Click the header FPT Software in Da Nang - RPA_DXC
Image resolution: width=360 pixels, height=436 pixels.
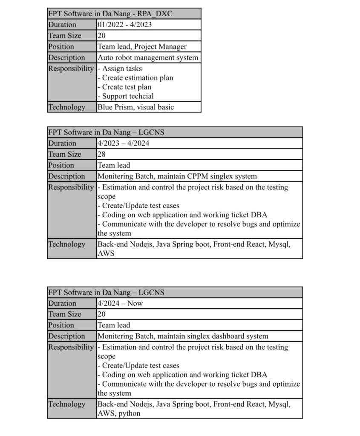[x=110, y=14]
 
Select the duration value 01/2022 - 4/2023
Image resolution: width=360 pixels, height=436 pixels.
[x=124, y=25]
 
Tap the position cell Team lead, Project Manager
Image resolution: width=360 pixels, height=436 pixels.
[x=142, y=47]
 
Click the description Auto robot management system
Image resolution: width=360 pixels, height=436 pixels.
[x=148, y=57]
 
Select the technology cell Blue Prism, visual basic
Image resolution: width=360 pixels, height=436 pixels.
[x=135, y=107]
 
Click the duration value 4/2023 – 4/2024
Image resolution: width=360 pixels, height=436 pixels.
[x=123, y=143]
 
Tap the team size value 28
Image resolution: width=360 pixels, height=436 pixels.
[x=101, y=154]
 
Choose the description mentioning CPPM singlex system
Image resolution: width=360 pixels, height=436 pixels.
[x=177, y=176]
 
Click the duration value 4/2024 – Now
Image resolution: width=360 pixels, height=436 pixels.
[x=120, y=304]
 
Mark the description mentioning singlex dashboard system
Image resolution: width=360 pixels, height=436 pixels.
[x=183, y=336]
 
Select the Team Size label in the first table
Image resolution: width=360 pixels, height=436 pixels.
[x=65, y=36]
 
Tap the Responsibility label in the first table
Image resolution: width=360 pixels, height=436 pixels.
[x=71, y=69]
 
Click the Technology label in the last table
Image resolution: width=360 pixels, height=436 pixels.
[x=66, y=404]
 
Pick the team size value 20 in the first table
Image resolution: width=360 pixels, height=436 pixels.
[x=101, y=36]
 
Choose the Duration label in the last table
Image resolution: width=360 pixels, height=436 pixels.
[x=62, y=304]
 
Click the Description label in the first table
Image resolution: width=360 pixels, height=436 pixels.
[x=66, y=57]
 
